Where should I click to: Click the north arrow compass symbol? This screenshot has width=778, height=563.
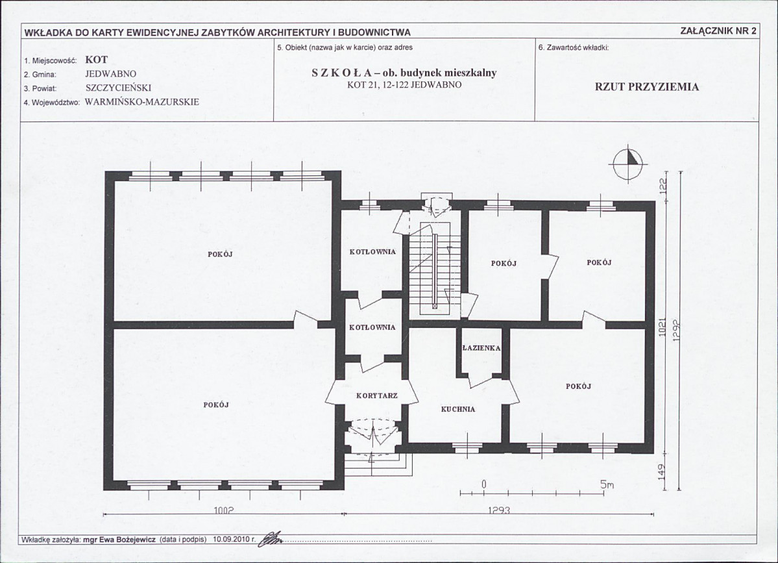pos(627,164)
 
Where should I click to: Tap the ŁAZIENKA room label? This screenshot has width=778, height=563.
pos(481,348)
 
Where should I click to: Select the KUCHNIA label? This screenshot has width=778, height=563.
pos(458,410)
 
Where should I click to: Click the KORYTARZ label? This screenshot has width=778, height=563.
pos(377,395)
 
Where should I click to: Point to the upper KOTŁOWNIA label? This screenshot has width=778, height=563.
pos(372,252)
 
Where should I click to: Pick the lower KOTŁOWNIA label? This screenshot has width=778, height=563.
pos(372,328)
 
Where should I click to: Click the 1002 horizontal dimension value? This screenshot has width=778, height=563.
pos(223,510)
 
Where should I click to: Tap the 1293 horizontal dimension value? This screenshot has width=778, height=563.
pos(499,510)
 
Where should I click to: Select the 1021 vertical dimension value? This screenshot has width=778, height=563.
pos(662,327)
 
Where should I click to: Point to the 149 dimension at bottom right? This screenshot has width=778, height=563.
pos(663,470)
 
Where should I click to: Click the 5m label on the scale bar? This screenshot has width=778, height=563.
pos(607,484)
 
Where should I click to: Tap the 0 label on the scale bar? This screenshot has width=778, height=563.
pos(484,484)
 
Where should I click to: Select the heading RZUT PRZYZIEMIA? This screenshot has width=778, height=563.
pos(647,87)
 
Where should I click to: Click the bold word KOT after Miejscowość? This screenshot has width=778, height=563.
pos(96,60)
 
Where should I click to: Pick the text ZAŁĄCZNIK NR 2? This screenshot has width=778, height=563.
pos(719,31)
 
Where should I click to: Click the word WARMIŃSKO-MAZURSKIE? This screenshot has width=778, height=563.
pos(142,102)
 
